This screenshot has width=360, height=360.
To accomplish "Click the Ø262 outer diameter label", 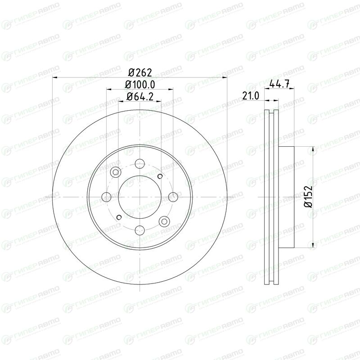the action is point(140,73).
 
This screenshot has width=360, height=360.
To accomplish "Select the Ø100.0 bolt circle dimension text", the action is point(140,85).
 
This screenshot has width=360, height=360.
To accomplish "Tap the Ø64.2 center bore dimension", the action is point(140,97).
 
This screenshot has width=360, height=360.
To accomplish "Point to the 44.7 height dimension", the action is point(279,84).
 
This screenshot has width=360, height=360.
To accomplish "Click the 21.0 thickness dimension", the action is point(251,96).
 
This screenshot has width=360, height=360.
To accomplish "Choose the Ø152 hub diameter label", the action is point(308,197).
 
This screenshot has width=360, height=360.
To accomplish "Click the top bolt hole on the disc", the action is point(139,164).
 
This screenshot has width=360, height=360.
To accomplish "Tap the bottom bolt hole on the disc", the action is point(139,230).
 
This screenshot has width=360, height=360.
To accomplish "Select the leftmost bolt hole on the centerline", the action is point(106,197).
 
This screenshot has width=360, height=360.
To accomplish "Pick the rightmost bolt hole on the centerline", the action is point(173,197).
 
